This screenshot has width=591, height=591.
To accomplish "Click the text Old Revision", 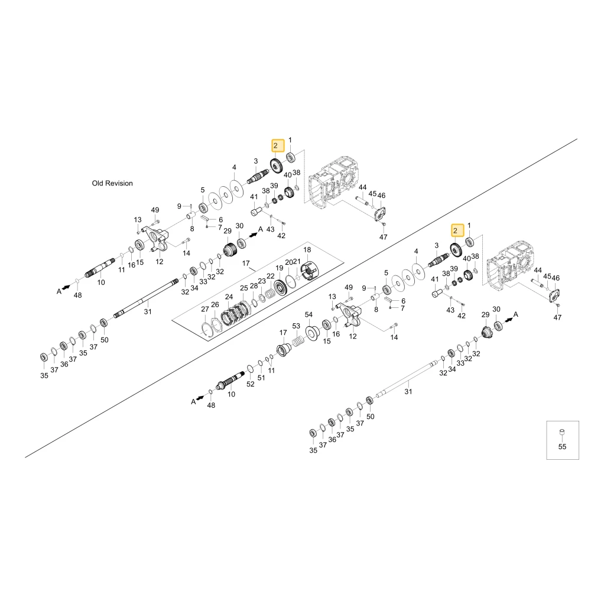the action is click(x=112, y=183).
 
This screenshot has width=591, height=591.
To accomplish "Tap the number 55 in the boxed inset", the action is click(x=562, y=447).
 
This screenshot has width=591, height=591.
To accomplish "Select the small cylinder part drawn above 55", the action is click(x=562, y=433).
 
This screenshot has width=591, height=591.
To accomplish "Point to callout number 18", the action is click(x=307, y=250).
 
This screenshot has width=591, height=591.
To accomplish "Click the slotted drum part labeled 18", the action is click(x=309, y=271).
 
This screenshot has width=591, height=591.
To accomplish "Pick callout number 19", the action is click(x=280, y=268).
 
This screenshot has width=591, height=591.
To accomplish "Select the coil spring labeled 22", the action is click(x=269, y=293).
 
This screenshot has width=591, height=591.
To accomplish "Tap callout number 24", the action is click(x=229, y=297).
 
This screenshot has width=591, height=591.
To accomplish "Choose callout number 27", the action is click(x=204, y=309).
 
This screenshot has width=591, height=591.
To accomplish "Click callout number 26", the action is click(x=215, y=304).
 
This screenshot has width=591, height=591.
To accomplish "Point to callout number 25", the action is click(x=244, y=288).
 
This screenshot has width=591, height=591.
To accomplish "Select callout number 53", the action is click(x=296, y=326).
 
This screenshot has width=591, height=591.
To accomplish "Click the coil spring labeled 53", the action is click(x=298, y=341).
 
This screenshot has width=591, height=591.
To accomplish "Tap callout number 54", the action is click(x=309, y=314).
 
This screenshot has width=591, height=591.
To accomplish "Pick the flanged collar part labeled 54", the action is click(x=313, y=333).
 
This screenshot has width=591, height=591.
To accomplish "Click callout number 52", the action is click(x=251, y=384).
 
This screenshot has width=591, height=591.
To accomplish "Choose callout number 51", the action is click(x=261, y=378).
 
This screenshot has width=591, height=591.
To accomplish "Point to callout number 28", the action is click(x=254, y=285).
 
